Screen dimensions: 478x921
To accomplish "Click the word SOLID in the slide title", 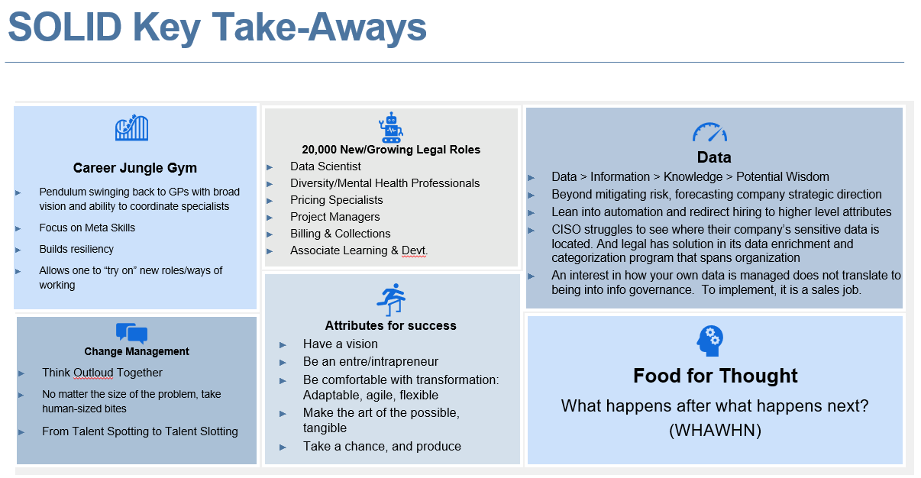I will tap(63, 27).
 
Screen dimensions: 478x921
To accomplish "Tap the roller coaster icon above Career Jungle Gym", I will tap(131, 128).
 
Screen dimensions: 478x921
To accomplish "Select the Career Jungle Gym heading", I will tap(135, 168).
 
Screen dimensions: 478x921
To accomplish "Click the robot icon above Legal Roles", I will tap(391, 128).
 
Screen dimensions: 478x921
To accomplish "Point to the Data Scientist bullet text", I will tap(325, 166).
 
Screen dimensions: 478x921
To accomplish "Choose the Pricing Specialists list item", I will tap(336, 200).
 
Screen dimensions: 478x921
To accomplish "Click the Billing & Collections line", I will tap(340, 234).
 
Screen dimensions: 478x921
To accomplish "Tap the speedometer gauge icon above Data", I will tap(710, 133).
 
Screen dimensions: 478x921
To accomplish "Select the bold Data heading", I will tap(714, 157).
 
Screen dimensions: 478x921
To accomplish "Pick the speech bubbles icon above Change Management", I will tap(131, 333).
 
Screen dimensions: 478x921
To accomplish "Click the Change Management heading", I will tap(137, 352).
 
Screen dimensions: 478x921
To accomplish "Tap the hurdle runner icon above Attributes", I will tap(391, 299).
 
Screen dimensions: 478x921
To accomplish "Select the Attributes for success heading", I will tap(390, 325).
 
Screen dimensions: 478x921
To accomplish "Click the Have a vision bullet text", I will tap(340, 344).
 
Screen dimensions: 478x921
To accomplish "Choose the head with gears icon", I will tap(710, 340).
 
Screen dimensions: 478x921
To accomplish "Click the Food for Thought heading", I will tap(715, 376).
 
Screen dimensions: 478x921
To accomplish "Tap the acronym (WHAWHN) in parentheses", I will tap(714, 430).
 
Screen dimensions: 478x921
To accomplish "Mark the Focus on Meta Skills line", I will tap(87, 228).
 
